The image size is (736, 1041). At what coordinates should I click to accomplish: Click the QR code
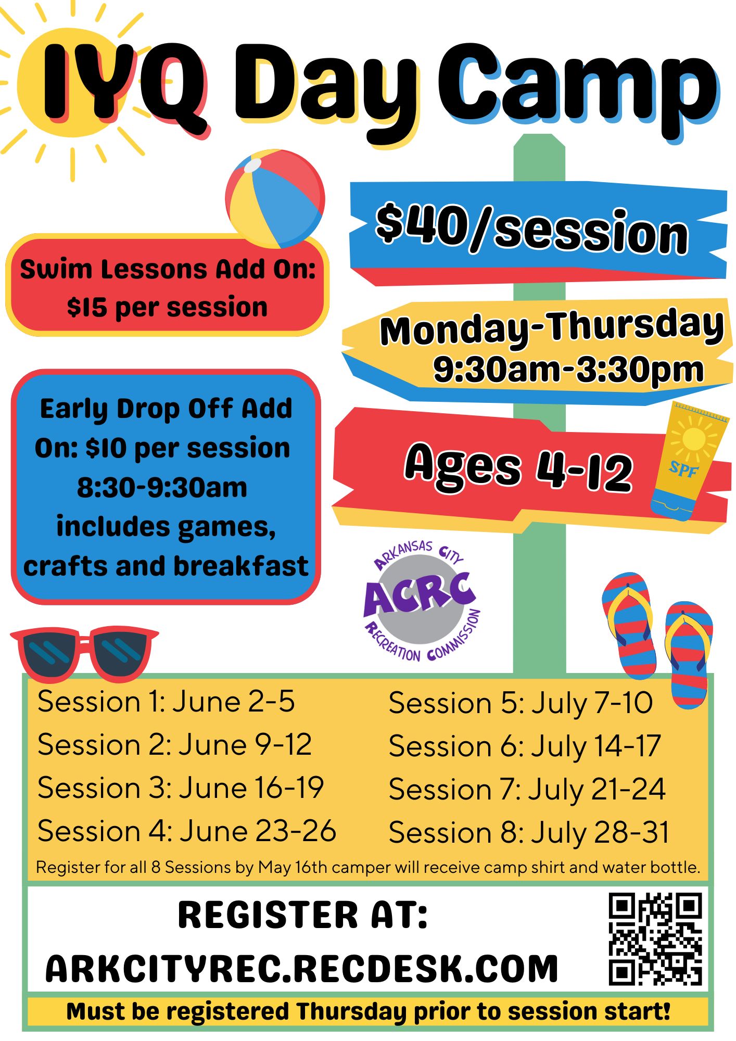coord(655,939)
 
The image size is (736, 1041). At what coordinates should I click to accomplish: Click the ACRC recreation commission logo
coord(421,601)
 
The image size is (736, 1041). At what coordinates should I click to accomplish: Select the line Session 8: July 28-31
coord(529,832)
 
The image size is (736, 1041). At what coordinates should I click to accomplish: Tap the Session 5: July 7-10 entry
coord(521,703)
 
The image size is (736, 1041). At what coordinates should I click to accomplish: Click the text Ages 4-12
coord(519,467)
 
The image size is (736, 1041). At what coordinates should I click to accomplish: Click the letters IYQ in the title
coord(125,86)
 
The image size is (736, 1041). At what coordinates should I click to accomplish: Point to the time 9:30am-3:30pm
coord(568,370)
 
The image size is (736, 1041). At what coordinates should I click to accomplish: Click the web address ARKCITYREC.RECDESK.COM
coord(302,969)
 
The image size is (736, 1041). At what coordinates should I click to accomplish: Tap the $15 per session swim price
coord(167,307)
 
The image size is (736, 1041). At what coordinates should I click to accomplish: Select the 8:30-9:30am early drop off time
coord(162,488)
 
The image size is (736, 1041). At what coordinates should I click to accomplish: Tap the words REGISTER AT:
coord(302,915)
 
